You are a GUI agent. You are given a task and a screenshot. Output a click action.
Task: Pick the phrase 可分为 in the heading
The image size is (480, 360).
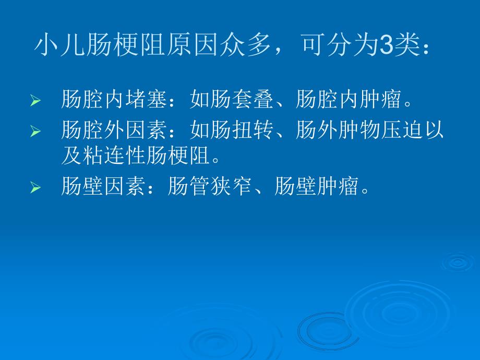pyautogui.click(x=339, y=47)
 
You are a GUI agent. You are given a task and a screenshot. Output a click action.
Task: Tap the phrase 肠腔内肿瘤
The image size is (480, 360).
pyautogui.click(x=348, y=99)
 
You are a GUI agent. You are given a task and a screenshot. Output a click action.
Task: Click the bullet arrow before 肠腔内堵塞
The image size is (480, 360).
pyautogui.click(x=35, y=100)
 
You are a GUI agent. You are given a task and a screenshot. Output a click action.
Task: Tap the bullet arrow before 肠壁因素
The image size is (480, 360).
pyautogui.click(x=35, y=188)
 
